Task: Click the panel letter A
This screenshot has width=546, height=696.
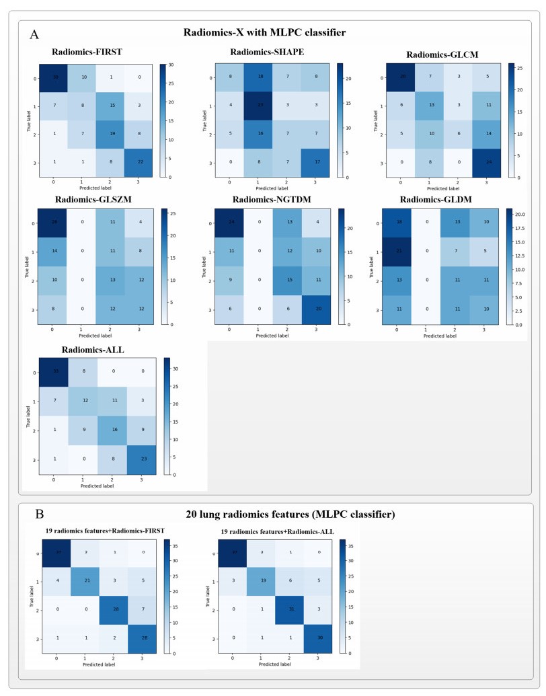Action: click(x=33, y=34)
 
